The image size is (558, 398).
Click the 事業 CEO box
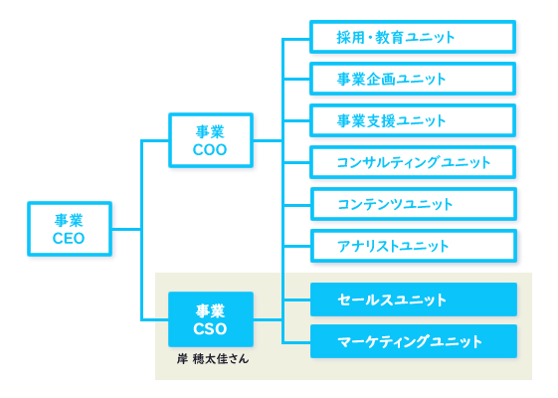pos(69,229)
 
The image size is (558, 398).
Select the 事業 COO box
pos(210,140)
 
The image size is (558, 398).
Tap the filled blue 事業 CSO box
pos(210,319)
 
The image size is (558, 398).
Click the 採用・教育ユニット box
pos(413,37)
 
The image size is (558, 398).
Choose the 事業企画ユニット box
pos(413,79)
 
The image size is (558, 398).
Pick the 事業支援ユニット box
pos(413,120)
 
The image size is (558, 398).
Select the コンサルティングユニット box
pos(413,162)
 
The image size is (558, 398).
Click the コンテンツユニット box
pos(413,204)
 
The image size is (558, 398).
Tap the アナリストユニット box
pos(413,246)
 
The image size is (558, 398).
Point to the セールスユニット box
pos(413,299)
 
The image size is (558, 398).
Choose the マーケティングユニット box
pos(413,341)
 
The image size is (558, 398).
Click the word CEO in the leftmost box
pos(69,239)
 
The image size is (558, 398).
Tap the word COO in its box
pos(210,150)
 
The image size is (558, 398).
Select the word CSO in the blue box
pos(210,329)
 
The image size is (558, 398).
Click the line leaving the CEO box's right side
pos(126,229)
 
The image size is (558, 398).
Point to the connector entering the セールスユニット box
pos(296,299)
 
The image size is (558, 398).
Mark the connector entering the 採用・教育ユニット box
pos(296,38)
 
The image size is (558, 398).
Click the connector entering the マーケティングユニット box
pos(296,341)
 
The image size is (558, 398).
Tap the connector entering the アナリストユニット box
pos(296,246)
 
